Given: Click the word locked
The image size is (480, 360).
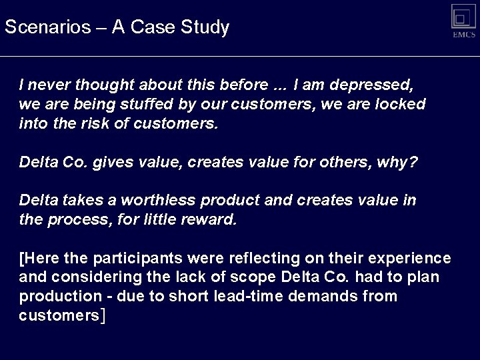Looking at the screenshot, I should tap(399, 105).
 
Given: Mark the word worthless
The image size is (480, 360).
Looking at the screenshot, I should tap(163, 200).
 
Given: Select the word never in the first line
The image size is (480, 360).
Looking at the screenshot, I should tap(49, 86).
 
